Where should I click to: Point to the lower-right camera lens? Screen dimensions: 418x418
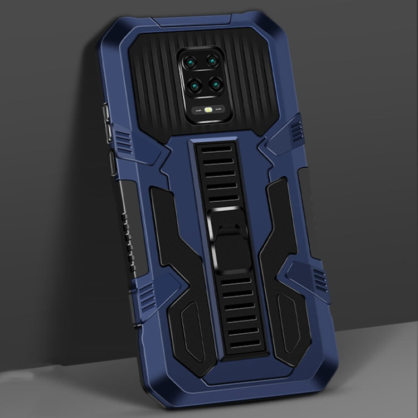(x=213, y=85)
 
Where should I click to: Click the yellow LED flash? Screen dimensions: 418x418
(x=210, y=110)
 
